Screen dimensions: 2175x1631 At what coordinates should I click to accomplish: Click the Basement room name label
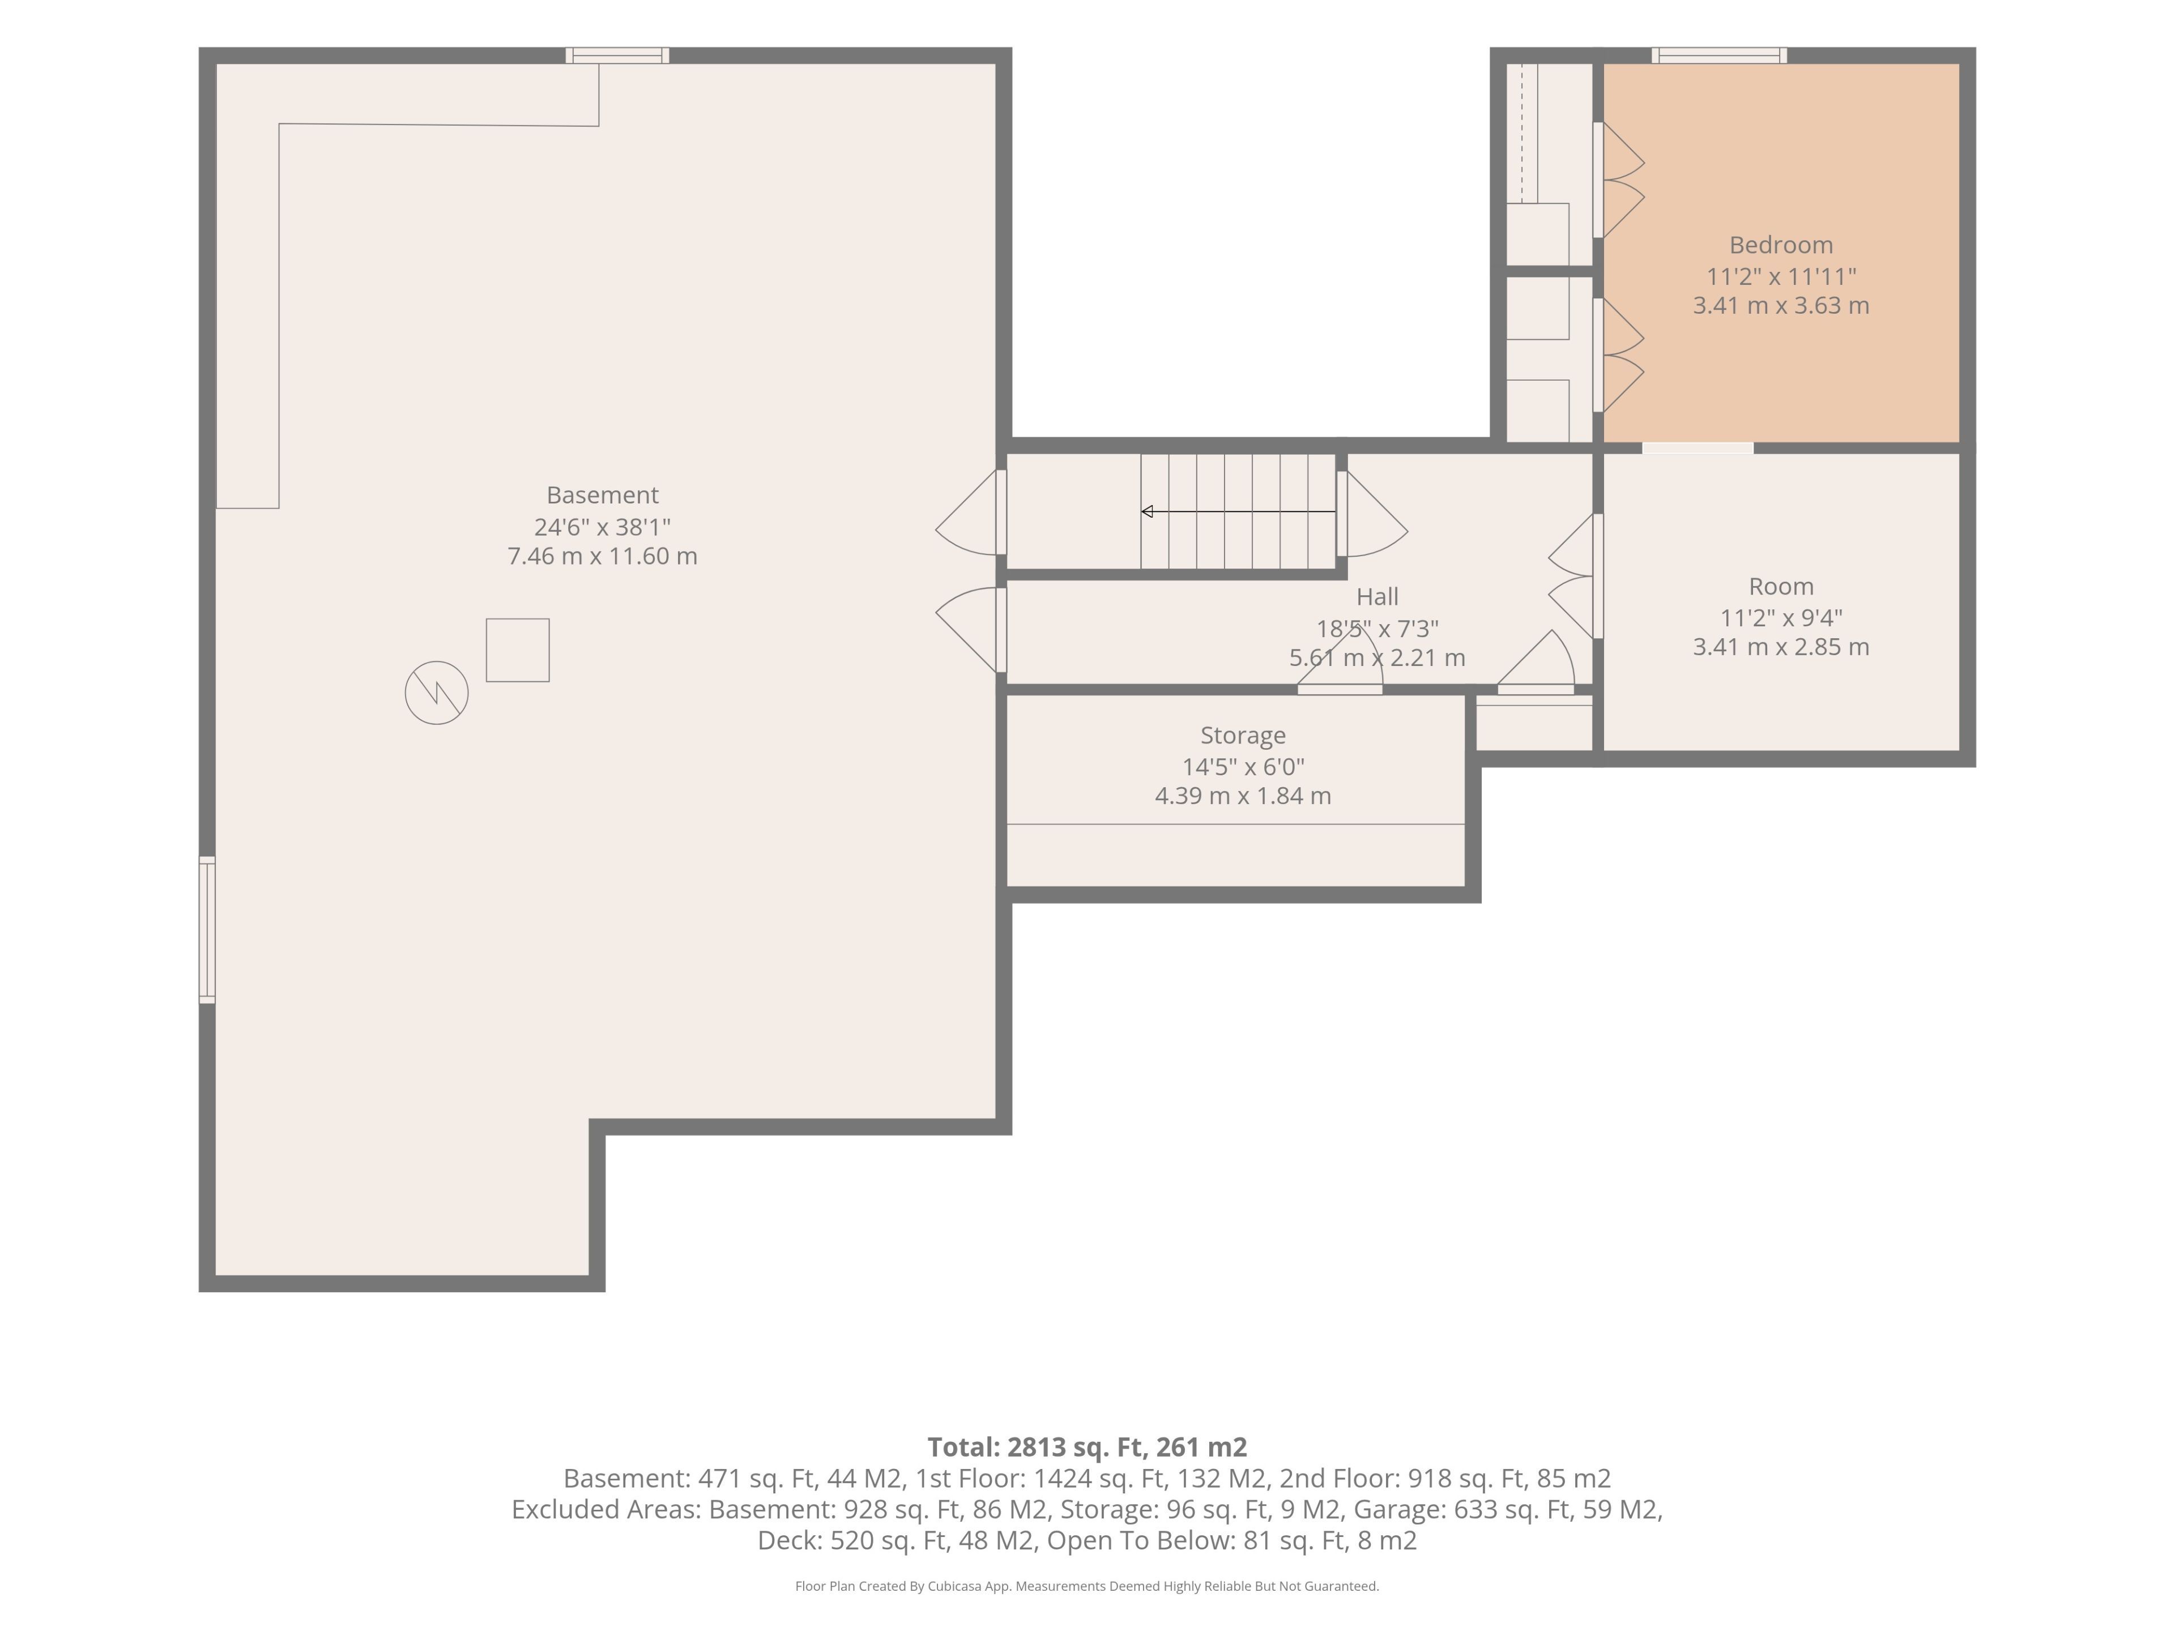[602, 494]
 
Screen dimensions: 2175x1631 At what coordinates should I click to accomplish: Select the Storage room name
[1243, 736]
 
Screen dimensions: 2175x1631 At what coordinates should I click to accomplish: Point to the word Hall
[1376, 597]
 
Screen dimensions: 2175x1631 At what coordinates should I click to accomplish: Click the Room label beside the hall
[1781, 587]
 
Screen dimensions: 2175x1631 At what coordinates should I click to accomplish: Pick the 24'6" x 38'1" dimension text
[602, 526]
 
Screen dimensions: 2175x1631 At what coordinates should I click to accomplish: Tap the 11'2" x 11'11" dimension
[1781, 276]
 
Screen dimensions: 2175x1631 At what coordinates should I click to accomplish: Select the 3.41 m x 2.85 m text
[1781, 647]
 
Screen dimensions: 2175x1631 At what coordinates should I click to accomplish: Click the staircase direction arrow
[1238, 511]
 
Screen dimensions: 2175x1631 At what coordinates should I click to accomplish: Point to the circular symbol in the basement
[437, 693]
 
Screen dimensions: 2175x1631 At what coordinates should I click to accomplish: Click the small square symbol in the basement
[517, 650]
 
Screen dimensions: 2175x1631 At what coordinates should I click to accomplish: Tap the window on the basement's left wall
[207, 930]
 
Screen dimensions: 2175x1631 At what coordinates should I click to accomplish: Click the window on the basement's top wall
[617, 55]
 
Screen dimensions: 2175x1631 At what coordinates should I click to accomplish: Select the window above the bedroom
[1720, 55]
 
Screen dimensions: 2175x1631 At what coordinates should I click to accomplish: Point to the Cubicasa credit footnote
[1086, 1586]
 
